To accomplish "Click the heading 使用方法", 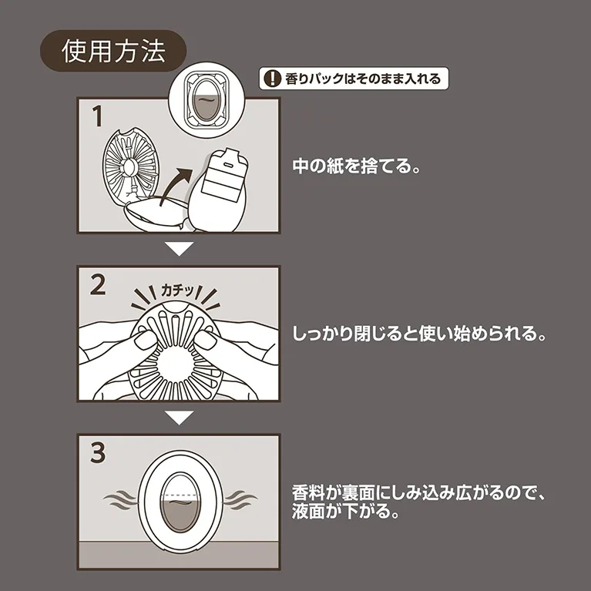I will click(x=113, y=52).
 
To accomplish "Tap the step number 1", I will click(x=96, y=117).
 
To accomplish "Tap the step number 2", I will click(x=98, y=286).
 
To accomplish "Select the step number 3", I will click(x=98, y=454).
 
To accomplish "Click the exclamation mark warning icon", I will click(x=270, y=79).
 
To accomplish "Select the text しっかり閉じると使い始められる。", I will click(x=420, y=336).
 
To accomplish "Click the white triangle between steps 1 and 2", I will click(x=179, y=250).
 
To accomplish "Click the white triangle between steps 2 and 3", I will click(x=179, y=418).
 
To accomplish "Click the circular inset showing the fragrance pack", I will click(x=205, y=101).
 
